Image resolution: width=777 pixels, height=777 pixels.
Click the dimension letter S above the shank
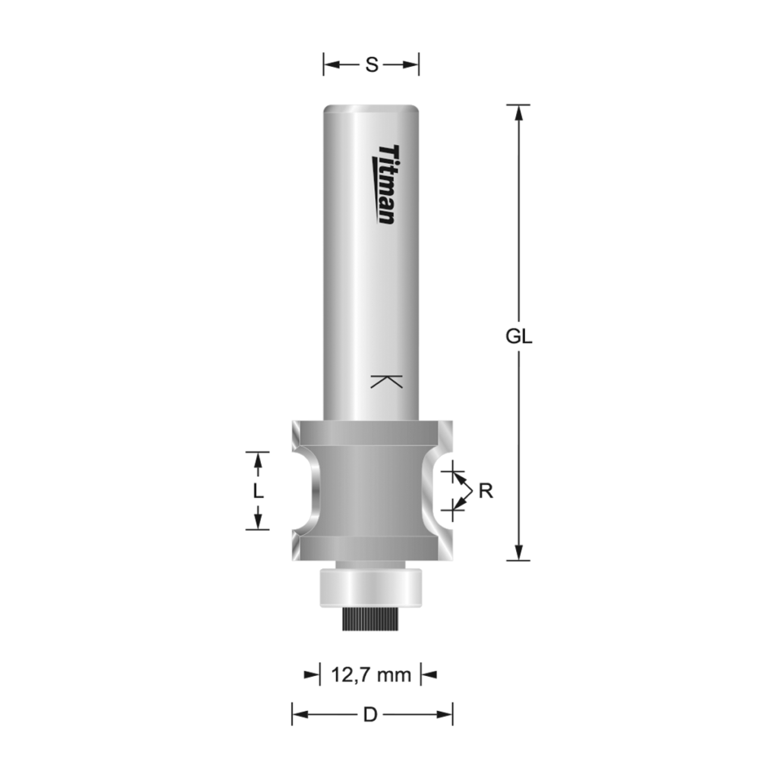[371, 65]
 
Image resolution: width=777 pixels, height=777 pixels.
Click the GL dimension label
[519, 337]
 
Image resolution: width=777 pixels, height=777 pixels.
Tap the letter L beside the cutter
[258, 491]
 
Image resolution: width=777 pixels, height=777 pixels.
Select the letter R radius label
[486, 491]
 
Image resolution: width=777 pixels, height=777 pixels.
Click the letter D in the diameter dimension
[370, 714]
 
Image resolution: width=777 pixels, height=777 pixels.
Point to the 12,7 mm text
[370, 674]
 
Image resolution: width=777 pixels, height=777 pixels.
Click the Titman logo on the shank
[386, 184]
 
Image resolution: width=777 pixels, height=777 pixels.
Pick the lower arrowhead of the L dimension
[258, 521]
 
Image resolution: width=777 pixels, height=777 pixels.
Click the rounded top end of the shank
[371, 109]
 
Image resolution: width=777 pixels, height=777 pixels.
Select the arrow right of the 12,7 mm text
[429, 674]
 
